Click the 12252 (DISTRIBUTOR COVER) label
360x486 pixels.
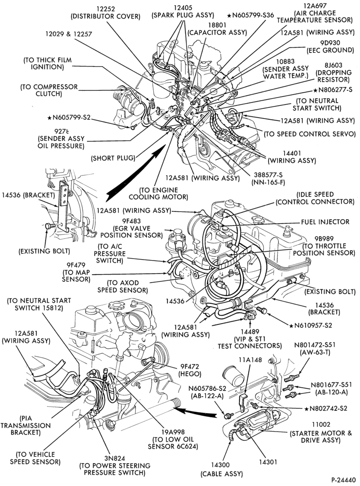coord(106,13)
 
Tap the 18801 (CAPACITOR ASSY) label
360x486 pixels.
coord(217,29)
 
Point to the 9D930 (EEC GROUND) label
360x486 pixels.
coord(330,47)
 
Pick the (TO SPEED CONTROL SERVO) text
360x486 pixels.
coord(309,134)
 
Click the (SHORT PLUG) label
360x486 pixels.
coord(113,158)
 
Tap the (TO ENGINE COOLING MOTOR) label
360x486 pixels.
coord(159,193)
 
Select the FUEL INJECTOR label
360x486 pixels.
coord(325,222)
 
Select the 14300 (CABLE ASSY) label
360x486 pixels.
coord(221,469)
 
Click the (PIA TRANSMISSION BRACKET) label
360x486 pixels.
coord(25,425)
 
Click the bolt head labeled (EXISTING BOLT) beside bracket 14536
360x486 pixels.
coord(48,226)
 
